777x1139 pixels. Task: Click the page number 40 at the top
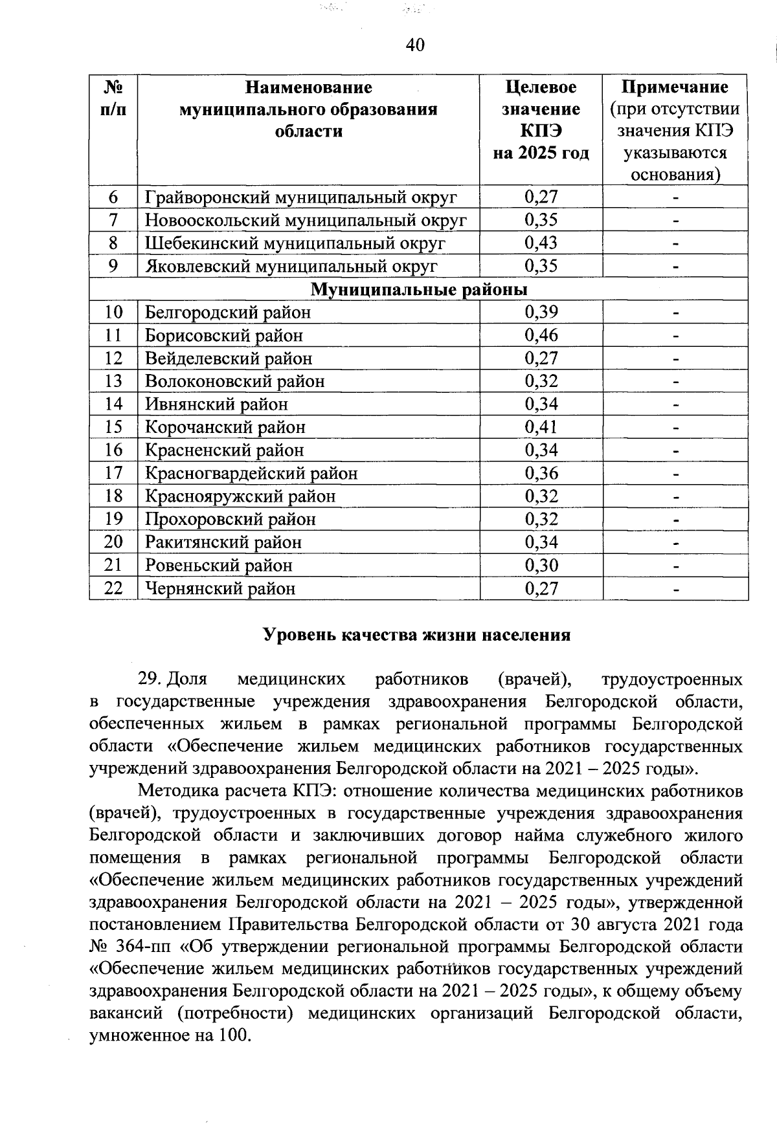(x=414, y=45)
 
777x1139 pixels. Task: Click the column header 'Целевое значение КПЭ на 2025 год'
(x=541, y=120)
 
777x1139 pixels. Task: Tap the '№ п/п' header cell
(x=113, y=98)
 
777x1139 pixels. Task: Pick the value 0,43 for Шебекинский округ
(x=541, y=243)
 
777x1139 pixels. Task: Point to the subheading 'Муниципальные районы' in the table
(x=418, y=289)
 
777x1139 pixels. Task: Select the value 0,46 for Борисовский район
(x=541, y=335)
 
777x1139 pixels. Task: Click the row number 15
(x=113, y=427)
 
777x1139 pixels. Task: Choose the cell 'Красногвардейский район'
(x=251, y=473)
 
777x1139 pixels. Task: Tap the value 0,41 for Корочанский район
(x=541, y=427)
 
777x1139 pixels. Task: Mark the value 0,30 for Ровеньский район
(x=541, y=565)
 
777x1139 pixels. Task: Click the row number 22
(x=113, y=588)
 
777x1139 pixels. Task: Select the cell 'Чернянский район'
(x=220, y=588)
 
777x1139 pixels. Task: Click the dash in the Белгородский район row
(x=675, y=313)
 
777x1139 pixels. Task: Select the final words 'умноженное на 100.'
(x=170, y=1035)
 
